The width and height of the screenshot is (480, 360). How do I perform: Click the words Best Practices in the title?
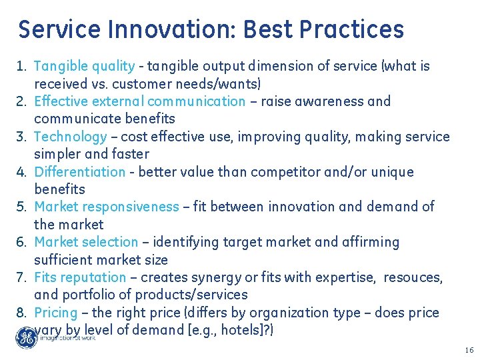point(323,30)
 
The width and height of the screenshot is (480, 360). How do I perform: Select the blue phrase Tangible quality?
point(84,66)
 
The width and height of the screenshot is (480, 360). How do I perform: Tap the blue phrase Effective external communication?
point(139,101)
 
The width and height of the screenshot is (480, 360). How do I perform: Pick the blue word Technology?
point(70,137)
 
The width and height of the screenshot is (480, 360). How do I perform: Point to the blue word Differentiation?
point(79,172)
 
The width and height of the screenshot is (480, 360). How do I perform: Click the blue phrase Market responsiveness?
point(106,207)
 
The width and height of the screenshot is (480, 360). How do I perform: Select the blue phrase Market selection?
point(86,242)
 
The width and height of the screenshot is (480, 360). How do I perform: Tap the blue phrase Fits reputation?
point(79,277)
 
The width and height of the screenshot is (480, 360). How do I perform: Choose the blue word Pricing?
point(56,313)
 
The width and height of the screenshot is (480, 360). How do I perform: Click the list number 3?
point(21,137)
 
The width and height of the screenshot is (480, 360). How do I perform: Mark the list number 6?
point(21,242)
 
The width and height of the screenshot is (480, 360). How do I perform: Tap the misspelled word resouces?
point(417,277)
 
